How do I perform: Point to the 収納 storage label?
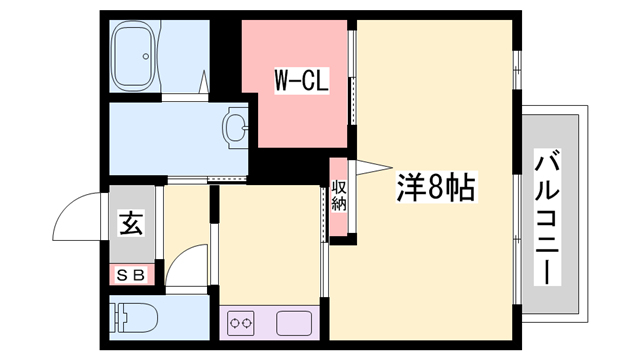point(339,196)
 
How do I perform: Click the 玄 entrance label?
point(131,223)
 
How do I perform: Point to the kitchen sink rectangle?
point(295,323)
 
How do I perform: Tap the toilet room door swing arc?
point(186,264)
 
